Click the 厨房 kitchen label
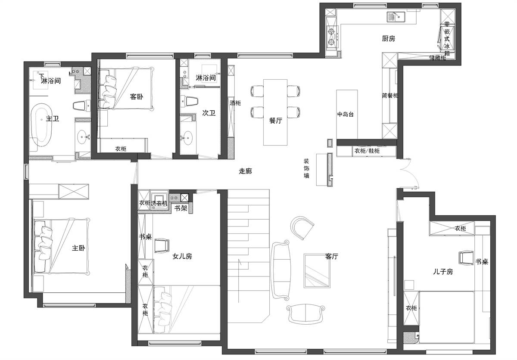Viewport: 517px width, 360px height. (389, 38)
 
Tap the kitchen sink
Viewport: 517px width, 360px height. (396, 17)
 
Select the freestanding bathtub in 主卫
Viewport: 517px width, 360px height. (41, 125)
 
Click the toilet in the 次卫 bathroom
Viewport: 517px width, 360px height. (190, 102)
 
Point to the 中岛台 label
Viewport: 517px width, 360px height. (345, 114)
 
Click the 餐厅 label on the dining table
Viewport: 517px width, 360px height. (276, 120)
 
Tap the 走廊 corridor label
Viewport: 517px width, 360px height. (245, 171)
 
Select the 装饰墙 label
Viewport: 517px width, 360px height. (306, 168)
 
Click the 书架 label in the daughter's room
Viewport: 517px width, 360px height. (181, 208)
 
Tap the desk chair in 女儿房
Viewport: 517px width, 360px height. (162, 246)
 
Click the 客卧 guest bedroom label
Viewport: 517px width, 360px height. (137, 96)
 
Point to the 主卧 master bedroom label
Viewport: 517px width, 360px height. (78, 248)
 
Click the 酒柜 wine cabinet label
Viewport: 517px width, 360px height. (235, 103)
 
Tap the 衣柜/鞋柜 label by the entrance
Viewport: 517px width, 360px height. (367, 151)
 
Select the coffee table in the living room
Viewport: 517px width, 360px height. (317, 271)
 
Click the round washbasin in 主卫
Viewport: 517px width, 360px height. (82, 137)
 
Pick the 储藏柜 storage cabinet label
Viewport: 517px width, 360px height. (437, 58)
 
